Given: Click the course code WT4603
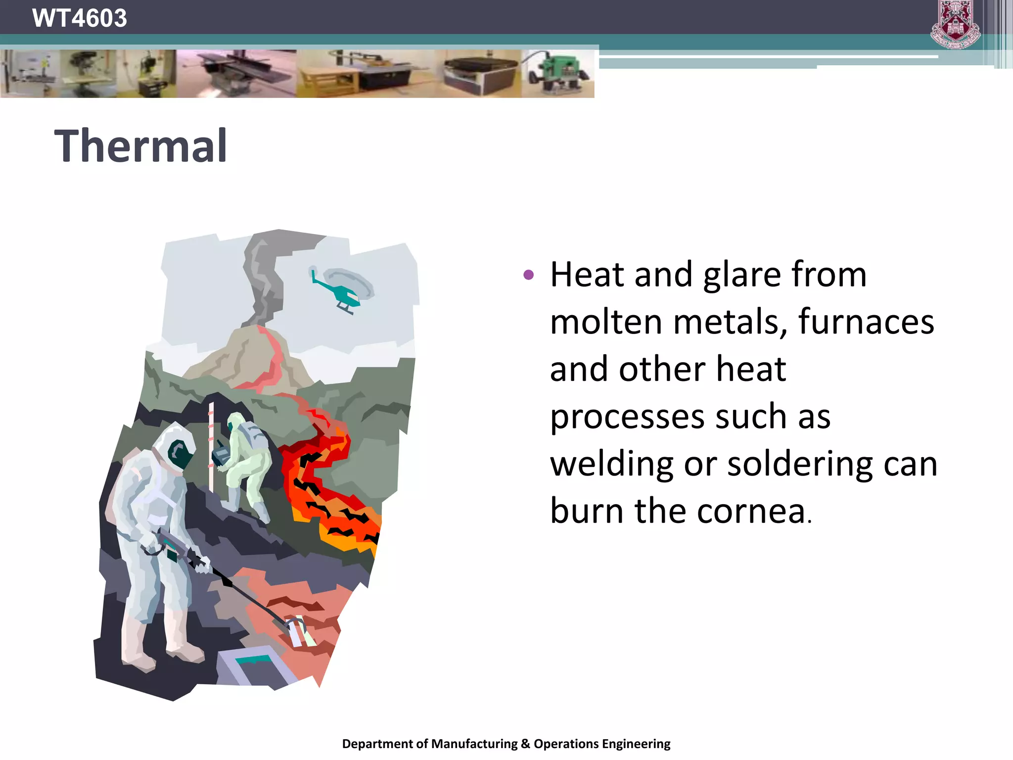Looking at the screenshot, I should (x=79, y=18).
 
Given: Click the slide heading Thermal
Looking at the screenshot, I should (x=140, y=146).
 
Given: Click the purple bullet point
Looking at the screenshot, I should (x=528, y=275).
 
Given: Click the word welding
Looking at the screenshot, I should (x=612, y=464).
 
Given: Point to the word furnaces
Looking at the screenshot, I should (x=866, y=322).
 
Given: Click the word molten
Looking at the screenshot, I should (x=606, y=322).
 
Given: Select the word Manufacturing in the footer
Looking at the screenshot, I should (x=474, y=744).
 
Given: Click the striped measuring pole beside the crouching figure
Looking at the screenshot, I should (x=211, y=445).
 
